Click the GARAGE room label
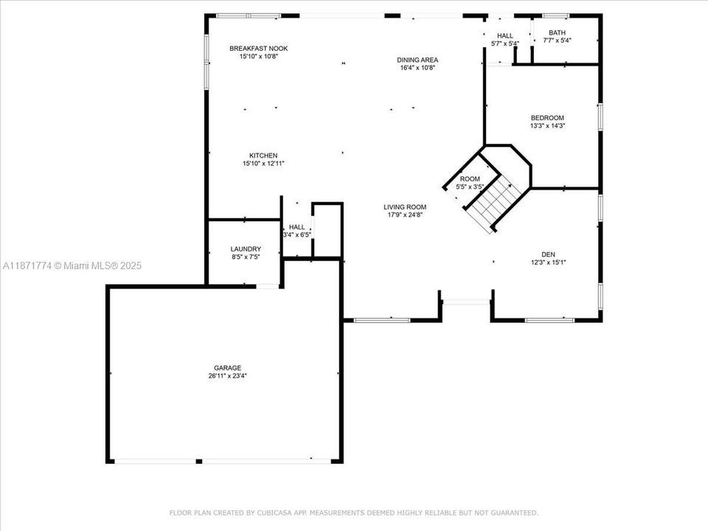click(x=227, y=367)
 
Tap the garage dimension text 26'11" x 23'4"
click(x=227, y=375)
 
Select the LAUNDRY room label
click(x=245, y=249)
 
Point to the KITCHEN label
click(x=263, y=155)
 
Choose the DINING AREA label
click(x=418, y=60)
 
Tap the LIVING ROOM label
click(x=405, y=207)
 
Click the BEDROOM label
click(x=547, y=118)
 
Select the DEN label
click(x=548, y=254)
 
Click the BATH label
click(x=557, y=32)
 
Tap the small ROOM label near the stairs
click(x=470, y=179)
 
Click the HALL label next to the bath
click(x=505, y=35)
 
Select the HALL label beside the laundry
click(x=296, y=227)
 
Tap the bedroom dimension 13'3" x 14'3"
click(x=547, y=126)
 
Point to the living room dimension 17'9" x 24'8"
click(x=405, y=215)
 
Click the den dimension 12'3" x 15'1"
click(x=548, y=262)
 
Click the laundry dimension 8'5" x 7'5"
click(x=245, y=257)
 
